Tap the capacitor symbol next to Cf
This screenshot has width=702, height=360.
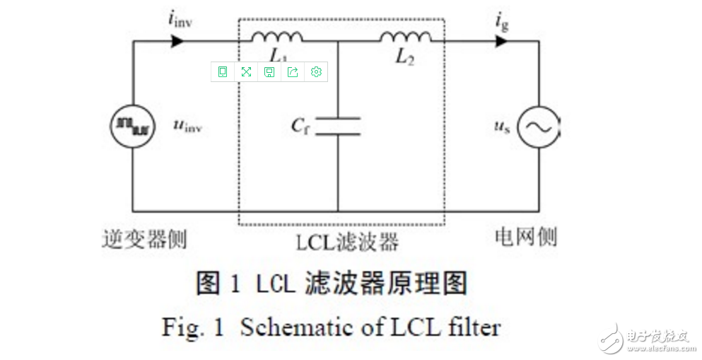pos(337,127)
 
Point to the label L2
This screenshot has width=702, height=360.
pos(404,58)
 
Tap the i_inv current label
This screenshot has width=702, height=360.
pos(180,19)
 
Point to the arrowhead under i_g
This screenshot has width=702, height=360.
pos(501,41)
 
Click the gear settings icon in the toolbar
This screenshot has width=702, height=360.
pos(316,71)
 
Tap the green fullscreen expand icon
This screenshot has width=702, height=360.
pos(246,71)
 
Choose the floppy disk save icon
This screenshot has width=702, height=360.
pos(269,71)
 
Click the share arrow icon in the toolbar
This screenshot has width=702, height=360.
pos(293,71)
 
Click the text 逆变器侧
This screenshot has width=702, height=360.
pos(144,239)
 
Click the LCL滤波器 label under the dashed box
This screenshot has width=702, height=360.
pos(346,242)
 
